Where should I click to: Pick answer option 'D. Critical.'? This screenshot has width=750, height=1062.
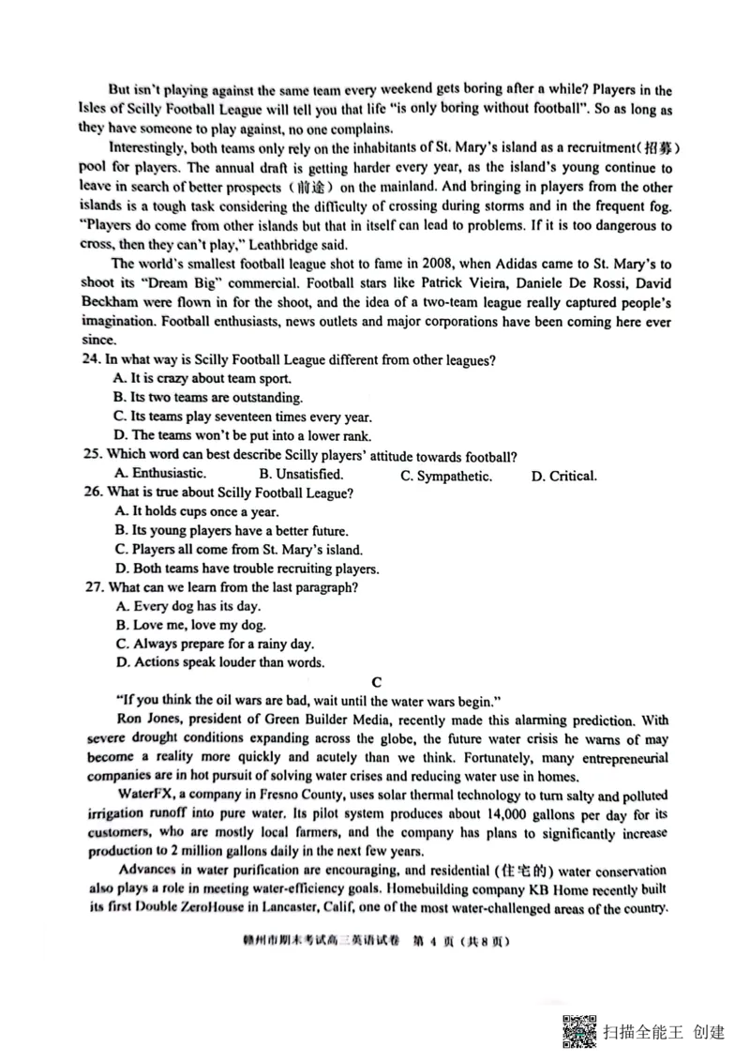tap(563, 476)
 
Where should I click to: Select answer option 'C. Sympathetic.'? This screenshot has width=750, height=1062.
tap(446, 476)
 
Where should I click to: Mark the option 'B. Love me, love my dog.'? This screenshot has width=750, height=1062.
tap(188, 625)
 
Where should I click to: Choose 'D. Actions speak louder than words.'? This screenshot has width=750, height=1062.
tap(218, 662)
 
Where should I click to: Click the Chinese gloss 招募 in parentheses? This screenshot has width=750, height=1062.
tap(657, 148)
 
